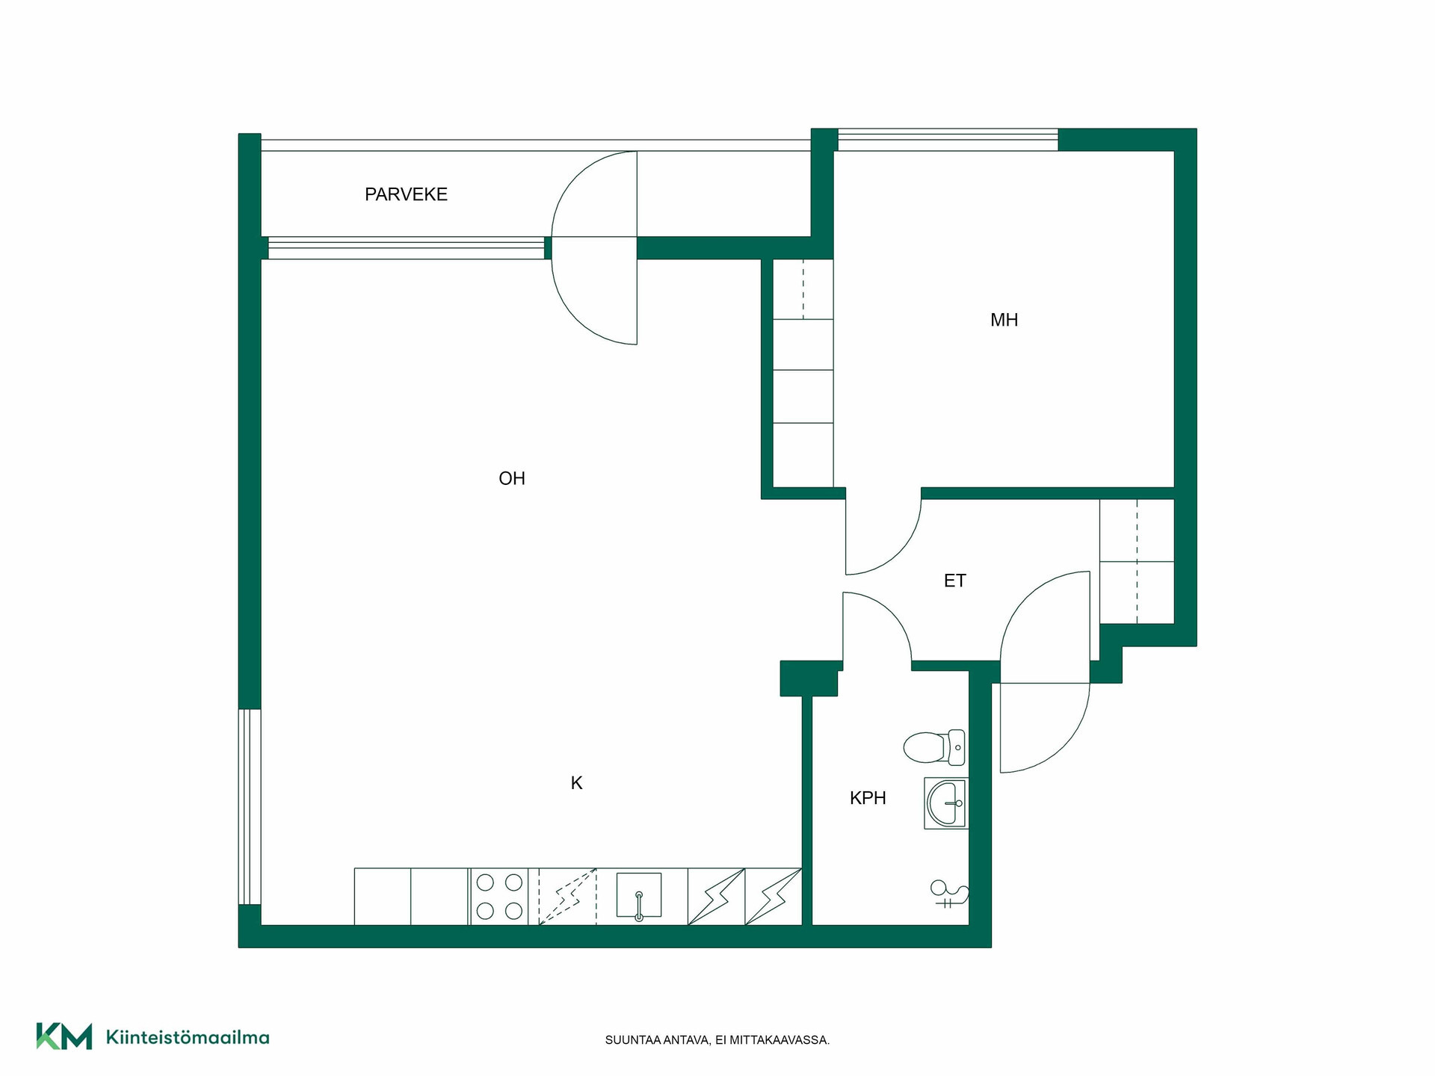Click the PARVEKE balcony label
[x=406, y=194]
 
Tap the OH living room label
[x=512, y=478]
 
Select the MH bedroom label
[x=1004, y=320]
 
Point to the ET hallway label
[x=954, y=581]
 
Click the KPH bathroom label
[x=868, y=798]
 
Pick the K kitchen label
[x=576, y=783]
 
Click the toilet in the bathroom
[x=934, y=746]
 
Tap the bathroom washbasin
[x=946, y=803]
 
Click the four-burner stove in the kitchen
[x=499, y=897]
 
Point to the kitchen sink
[x=639, y=895]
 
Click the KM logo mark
[x=64, y=1036]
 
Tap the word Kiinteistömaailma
[x=188, y=1037]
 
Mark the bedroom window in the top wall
[x=948, y=140]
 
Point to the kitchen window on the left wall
[x=250, y=807]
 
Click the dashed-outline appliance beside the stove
[x=567, y=897]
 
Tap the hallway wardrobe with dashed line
[x=1137, y=561]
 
